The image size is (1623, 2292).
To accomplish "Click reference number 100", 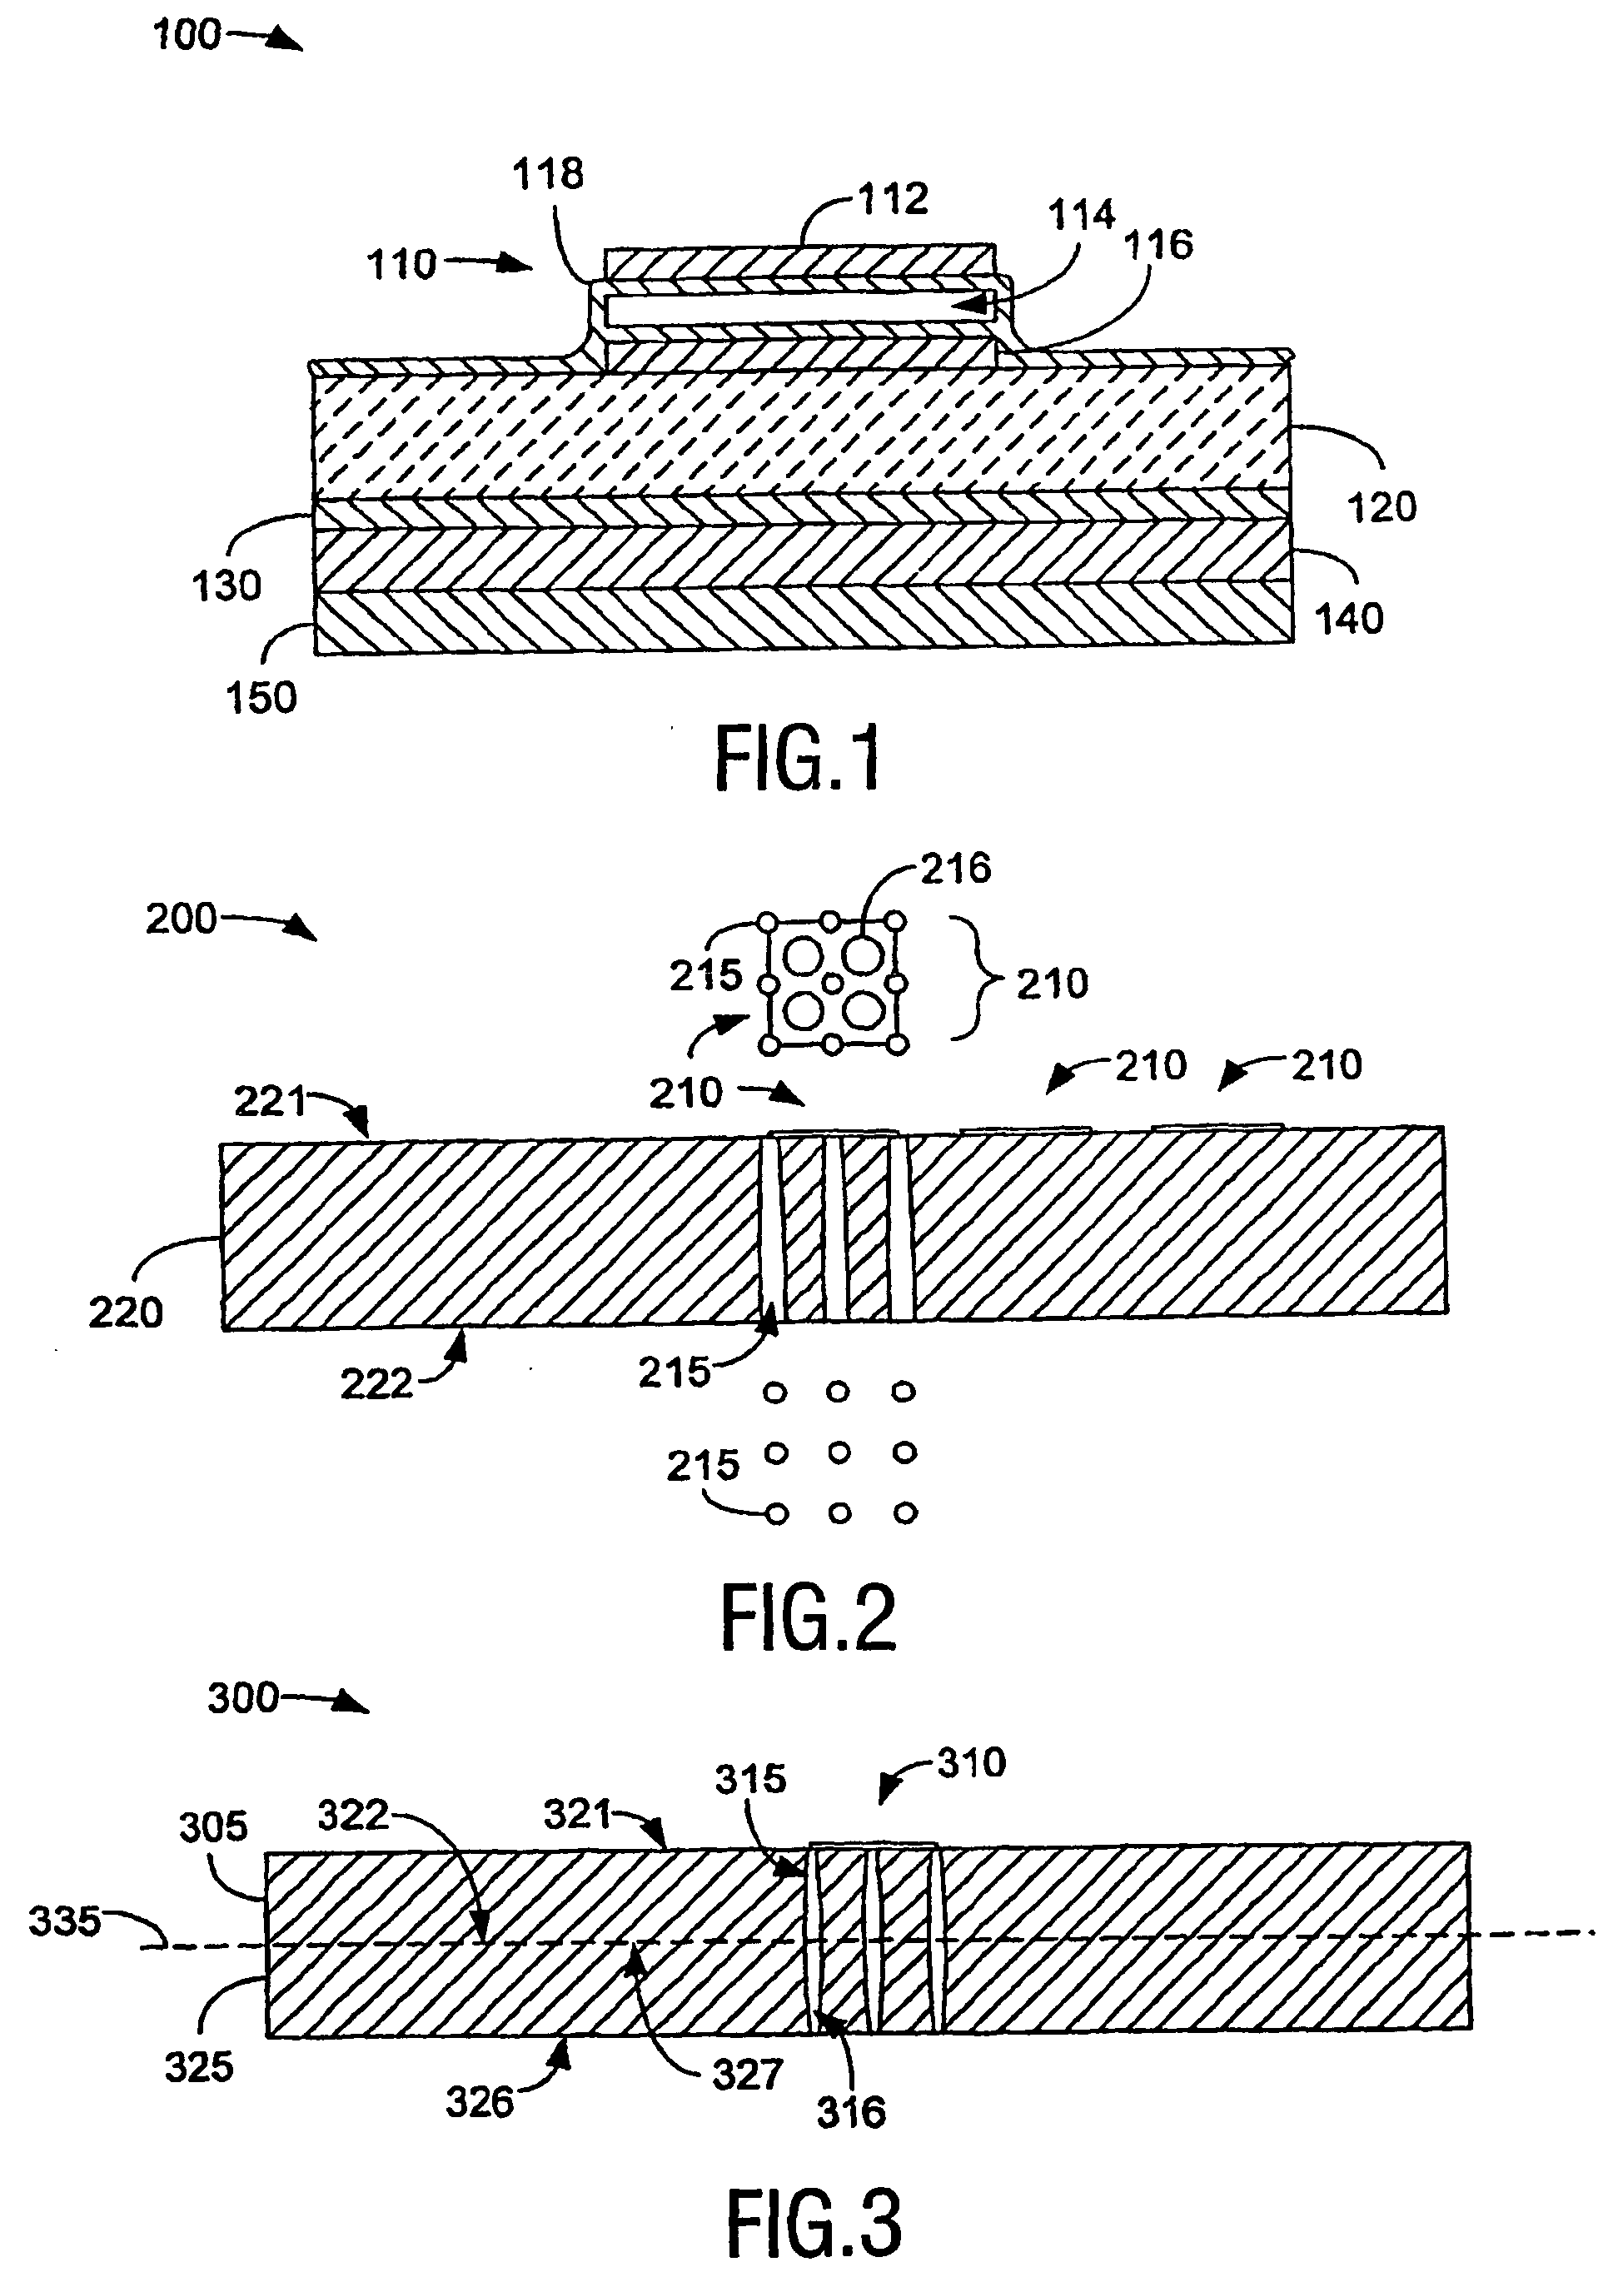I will coord(186,36).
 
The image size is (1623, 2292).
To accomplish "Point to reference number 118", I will coord(548,175).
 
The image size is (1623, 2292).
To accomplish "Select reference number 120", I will coord(1382,508).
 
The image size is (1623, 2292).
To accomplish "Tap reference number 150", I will coord(261,698).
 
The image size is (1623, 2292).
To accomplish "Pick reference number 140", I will coord(1348,620).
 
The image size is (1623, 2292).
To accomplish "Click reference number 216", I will coord(955,869).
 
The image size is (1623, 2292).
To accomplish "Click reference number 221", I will coord(269,1102).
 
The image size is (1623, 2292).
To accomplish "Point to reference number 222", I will coord(376,1384).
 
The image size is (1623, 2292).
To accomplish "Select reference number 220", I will coord(125,1313).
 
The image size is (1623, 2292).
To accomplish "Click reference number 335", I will coord(64,1921).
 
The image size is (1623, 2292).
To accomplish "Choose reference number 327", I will coord(746,2076).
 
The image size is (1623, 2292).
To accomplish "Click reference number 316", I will coord(852,2113).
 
